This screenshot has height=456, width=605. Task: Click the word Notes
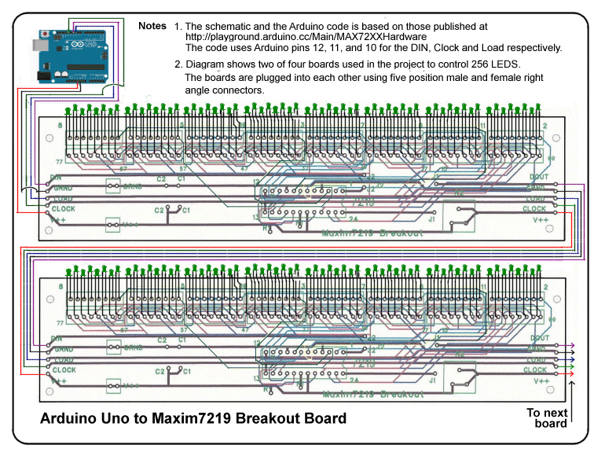click(152, 26)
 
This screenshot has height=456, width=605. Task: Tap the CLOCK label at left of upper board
click(64, 208)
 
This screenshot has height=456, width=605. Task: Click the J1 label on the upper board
click(431, 220)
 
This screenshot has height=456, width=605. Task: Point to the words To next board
click(546, 417)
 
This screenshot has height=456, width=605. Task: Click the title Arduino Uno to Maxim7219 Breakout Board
click(193, 418)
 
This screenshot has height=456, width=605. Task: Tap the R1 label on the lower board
click(267, 389)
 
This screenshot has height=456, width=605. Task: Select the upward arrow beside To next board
click(572, 397)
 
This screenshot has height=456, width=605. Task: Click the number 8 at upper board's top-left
click(60, 126)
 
